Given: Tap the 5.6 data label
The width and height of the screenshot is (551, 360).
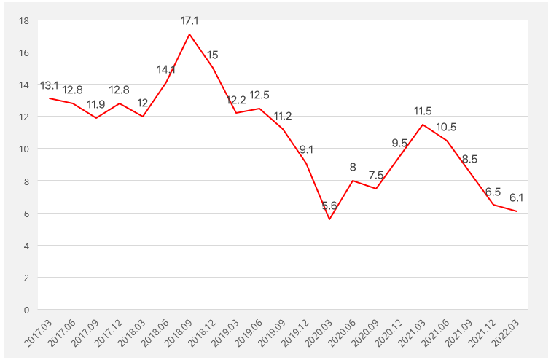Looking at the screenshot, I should (329, 206).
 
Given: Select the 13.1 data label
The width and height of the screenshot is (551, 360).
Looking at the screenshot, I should (50, 86).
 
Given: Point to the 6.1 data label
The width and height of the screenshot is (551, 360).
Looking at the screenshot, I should (517, 197).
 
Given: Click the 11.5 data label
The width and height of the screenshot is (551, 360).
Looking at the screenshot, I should (423, 111).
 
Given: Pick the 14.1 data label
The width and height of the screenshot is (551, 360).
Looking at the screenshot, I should (166, 70).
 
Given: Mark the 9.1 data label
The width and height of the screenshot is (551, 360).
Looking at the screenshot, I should (306, 150).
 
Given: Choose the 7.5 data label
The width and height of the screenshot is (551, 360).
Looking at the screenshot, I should (376, 176).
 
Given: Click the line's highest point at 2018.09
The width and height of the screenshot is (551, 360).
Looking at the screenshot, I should (189, 34).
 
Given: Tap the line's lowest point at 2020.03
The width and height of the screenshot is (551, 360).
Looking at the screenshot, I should (329, 219).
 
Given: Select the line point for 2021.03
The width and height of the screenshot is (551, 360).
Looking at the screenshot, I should (423, 125).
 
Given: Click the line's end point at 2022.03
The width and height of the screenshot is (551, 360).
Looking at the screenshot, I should (517, 211).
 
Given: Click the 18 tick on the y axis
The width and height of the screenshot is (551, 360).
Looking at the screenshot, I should (23, 20).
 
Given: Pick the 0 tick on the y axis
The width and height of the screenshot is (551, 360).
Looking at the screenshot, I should (26, 310).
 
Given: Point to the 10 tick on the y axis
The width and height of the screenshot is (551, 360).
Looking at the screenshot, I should (23, 149).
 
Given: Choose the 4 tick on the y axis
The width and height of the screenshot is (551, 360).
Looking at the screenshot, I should (26, 246).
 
